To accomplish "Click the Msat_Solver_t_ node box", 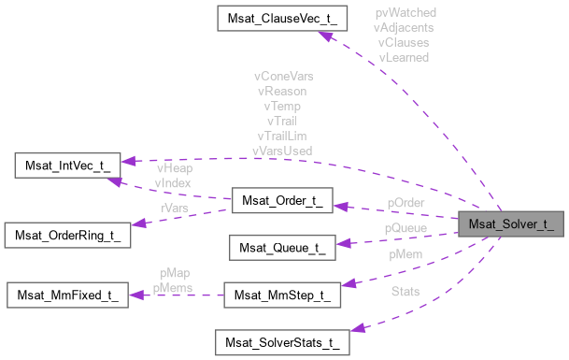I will [512, 224].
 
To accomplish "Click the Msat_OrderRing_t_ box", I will [67, 234].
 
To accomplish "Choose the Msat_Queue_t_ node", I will [282, 248].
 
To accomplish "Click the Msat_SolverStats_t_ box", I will [282, 341].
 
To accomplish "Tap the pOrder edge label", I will [407, 203].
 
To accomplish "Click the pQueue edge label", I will [405, 227].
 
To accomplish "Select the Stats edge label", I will [405, 292].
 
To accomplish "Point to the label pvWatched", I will [405, 13].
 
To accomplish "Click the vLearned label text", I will [405, 57].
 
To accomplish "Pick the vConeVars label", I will [283, 76].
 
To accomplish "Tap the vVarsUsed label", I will [283, 150].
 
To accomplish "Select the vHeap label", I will [174, 167].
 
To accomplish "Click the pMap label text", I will [174, 274].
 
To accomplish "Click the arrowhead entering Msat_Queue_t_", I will [342, 244].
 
